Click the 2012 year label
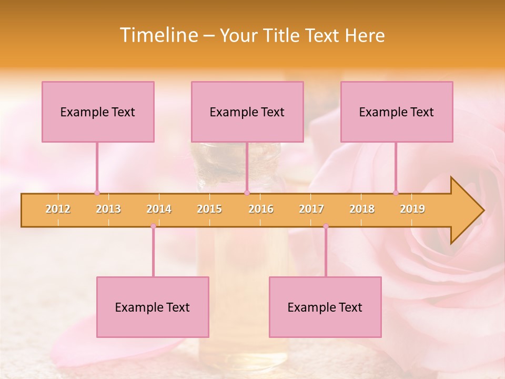click(58, 209)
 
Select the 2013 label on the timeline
click(108, 209)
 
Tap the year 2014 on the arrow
click(159, 209)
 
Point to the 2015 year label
click(209, 209)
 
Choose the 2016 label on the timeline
click(261, 209)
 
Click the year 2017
click(311, 209)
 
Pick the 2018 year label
click(362, 209)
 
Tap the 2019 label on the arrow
click(412, 209)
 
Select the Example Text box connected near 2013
click(98, 112)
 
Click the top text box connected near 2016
click(247, 112)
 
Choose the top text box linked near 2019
click(397, 112)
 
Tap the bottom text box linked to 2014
click(153, 307)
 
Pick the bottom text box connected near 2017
click(325, 307)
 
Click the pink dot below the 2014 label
click(153, 226)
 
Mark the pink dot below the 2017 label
click(326, 226)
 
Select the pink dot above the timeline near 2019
click(396, 193)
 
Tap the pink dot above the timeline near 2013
click(97, 193)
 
